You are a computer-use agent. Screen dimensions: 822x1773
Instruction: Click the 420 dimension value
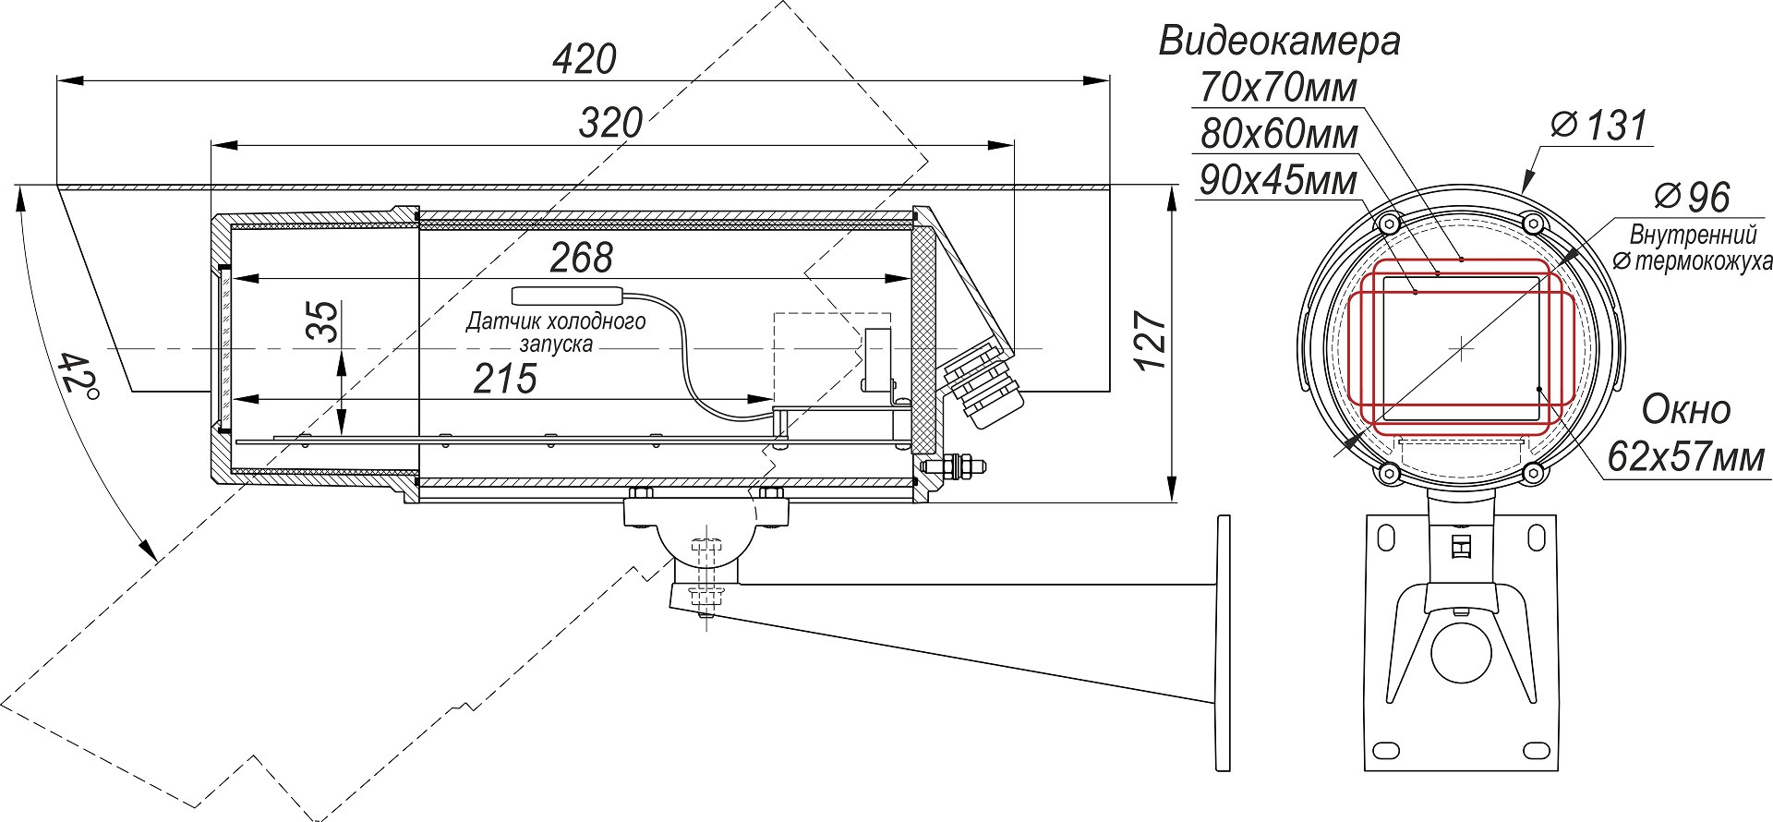[585, 60]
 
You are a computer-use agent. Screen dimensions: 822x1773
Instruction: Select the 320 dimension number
[610, 123]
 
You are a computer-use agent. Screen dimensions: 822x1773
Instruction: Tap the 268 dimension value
[581, 258]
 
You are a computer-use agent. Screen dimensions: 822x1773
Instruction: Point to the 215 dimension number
[505, 379]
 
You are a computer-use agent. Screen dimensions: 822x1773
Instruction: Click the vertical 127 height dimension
[1152, 342]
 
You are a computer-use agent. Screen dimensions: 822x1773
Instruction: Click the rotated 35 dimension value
[323, 320]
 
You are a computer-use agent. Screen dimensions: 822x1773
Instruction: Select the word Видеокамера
[1279, 42]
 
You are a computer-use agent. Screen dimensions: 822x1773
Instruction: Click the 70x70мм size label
[1278, 89]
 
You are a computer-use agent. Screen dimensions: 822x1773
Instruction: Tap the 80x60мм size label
[1279, 135]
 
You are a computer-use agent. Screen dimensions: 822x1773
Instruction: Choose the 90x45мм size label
[1278, 181]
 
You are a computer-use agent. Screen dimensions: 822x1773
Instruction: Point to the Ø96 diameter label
[1692, 197]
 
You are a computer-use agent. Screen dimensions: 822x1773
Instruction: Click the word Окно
[1685, 410]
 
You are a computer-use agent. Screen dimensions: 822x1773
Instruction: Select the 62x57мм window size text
[1685, 457]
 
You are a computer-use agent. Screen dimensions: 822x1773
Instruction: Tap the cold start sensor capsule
[567, 296]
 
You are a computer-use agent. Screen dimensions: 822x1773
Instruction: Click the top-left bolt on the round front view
[1389, 224]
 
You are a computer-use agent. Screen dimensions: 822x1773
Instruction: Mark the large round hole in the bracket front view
[1461, 652]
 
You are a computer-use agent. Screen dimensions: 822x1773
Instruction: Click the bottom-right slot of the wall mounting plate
[1537, 749]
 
